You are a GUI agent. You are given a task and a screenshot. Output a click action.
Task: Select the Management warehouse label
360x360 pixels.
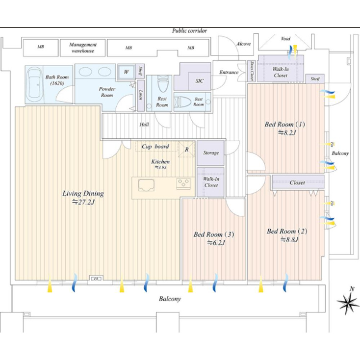tap(83, 48)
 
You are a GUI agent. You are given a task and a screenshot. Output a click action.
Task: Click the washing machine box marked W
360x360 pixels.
tap(127, 72)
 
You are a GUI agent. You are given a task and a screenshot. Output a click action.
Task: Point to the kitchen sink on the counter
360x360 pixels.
tap(146, 185)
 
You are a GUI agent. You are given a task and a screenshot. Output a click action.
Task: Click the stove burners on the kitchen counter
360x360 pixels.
tap(184, 184)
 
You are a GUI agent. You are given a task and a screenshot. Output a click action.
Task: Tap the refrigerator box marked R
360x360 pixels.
tap(186, 150)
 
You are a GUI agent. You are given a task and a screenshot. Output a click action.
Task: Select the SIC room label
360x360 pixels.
tap(199, 81)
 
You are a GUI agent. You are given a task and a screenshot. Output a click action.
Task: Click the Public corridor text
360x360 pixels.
tap(189, 30)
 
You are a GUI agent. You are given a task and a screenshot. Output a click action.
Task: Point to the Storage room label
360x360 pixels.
tap(211, 153)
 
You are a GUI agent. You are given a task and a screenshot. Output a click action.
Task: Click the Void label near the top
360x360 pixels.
tap(285, 39)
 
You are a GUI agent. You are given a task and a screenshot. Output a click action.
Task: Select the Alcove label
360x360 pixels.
tap(243, 44)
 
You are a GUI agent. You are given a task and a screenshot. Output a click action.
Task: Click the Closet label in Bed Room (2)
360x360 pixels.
tap(297, 182)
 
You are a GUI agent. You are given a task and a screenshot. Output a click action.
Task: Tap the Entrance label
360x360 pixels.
tap(229, 72)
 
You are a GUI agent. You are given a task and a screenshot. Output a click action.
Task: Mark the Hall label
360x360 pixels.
tap(144, 125)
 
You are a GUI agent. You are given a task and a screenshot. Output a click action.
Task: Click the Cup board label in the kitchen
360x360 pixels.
tap(155, 146)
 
